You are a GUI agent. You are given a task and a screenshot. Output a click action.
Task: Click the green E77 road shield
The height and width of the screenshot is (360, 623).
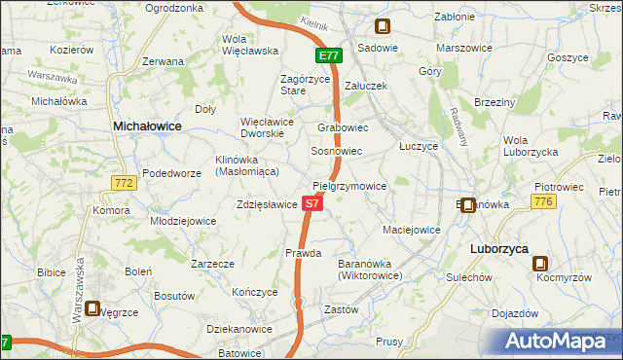[x=328, y=56]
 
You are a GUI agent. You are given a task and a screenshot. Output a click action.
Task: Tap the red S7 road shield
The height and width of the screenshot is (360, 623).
[x=311, y=204]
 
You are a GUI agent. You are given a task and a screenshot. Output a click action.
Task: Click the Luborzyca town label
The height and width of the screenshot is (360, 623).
[x=498, y=249]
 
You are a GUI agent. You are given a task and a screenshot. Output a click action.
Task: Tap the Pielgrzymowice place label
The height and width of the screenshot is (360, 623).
[x=350, y=185]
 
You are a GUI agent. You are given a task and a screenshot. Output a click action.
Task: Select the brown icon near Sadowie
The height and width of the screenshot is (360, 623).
[x=384, y=28]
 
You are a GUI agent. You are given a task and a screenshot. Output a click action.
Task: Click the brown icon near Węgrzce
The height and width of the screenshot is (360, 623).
[x=92, y=309]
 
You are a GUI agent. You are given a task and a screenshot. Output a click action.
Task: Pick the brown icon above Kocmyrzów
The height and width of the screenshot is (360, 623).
[x=540, y=263]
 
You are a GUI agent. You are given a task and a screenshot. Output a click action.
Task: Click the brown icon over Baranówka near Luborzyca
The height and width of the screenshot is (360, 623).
[x=468, y=205]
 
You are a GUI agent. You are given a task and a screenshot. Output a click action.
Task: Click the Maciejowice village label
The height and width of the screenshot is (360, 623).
[x=412, y=231]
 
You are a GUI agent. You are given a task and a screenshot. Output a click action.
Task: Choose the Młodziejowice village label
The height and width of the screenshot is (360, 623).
[x=182, y=221]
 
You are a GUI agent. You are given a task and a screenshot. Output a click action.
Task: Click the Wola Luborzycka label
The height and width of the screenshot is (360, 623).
[x=530, y=146]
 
